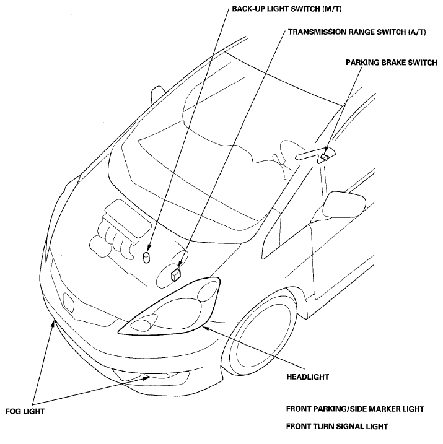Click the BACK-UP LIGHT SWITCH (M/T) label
click(x=287, y=9)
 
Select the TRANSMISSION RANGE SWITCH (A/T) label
click(x=357, y=32)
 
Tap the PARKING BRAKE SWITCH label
click(x=391, y=63)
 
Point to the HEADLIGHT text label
click(x=307, y=377)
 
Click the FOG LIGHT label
click(x=25, y=411)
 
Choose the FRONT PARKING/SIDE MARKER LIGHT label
click(x=355, y=409)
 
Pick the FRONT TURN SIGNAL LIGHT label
click(x=337, y=426)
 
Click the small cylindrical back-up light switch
click(x=146, y=257)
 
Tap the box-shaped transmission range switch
click(x=176, y=274)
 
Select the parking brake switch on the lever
click(x=325, y=156)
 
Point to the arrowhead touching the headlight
click(x=206, y=328)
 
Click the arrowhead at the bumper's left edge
click(x=53, y=323)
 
